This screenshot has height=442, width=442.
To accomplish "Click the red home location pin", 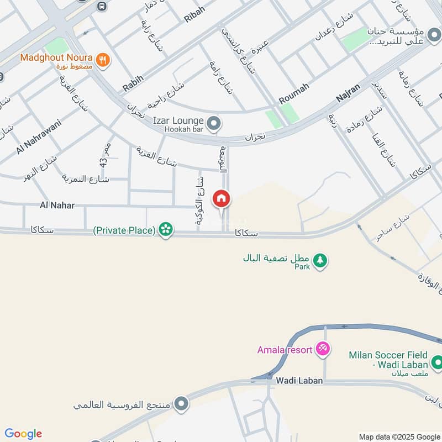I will tap(222, 198).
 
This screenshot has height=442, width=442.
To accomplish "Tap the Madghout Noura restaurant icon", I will tap(102, 60).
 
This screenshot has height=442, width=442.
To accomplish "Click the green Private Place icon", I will tap(165, 230).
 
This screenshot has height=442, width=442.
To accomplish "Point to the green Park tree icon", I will tap(320, 260).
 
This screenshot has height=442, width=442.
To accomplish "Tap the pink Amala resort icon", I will tap(323, 349).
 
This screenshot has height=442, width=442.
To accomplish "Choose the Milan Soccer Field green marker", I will tap(436, 362).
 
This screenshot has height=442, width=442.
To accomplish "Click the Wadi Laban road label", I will tap(299, 381).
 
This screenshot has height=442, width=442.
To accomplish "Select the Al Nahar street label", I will tap(57, 206).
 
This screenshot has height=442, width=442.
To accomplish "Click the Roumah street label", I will tap(294, 92).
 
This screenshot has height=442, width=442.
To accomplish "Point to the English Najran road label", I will tap(348, 92).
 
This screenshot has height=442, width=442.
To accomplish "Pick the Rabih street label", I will tap(133, 84).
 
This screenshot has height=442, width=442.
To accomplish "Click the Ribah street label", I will tap(194, 15).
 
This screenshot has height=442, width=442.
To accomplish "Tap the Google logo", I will tap(23, 434).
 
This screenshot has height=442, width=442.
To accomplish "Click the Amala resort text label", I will tap(285, 350).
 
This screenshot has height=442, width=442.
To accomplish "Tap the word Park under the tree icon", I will tap(302, 266).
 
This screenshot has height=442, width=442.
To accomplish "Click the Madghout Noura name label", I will tap(56, 57).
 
